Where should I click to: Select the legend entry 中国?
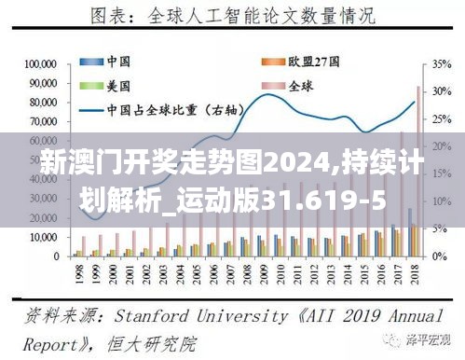coord(117,62)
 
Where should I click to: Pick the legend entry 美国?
coord(117,85)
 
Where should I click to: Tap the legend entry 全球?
coord(299,85)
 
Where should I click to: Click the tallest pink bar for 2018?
coord(417,168)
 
